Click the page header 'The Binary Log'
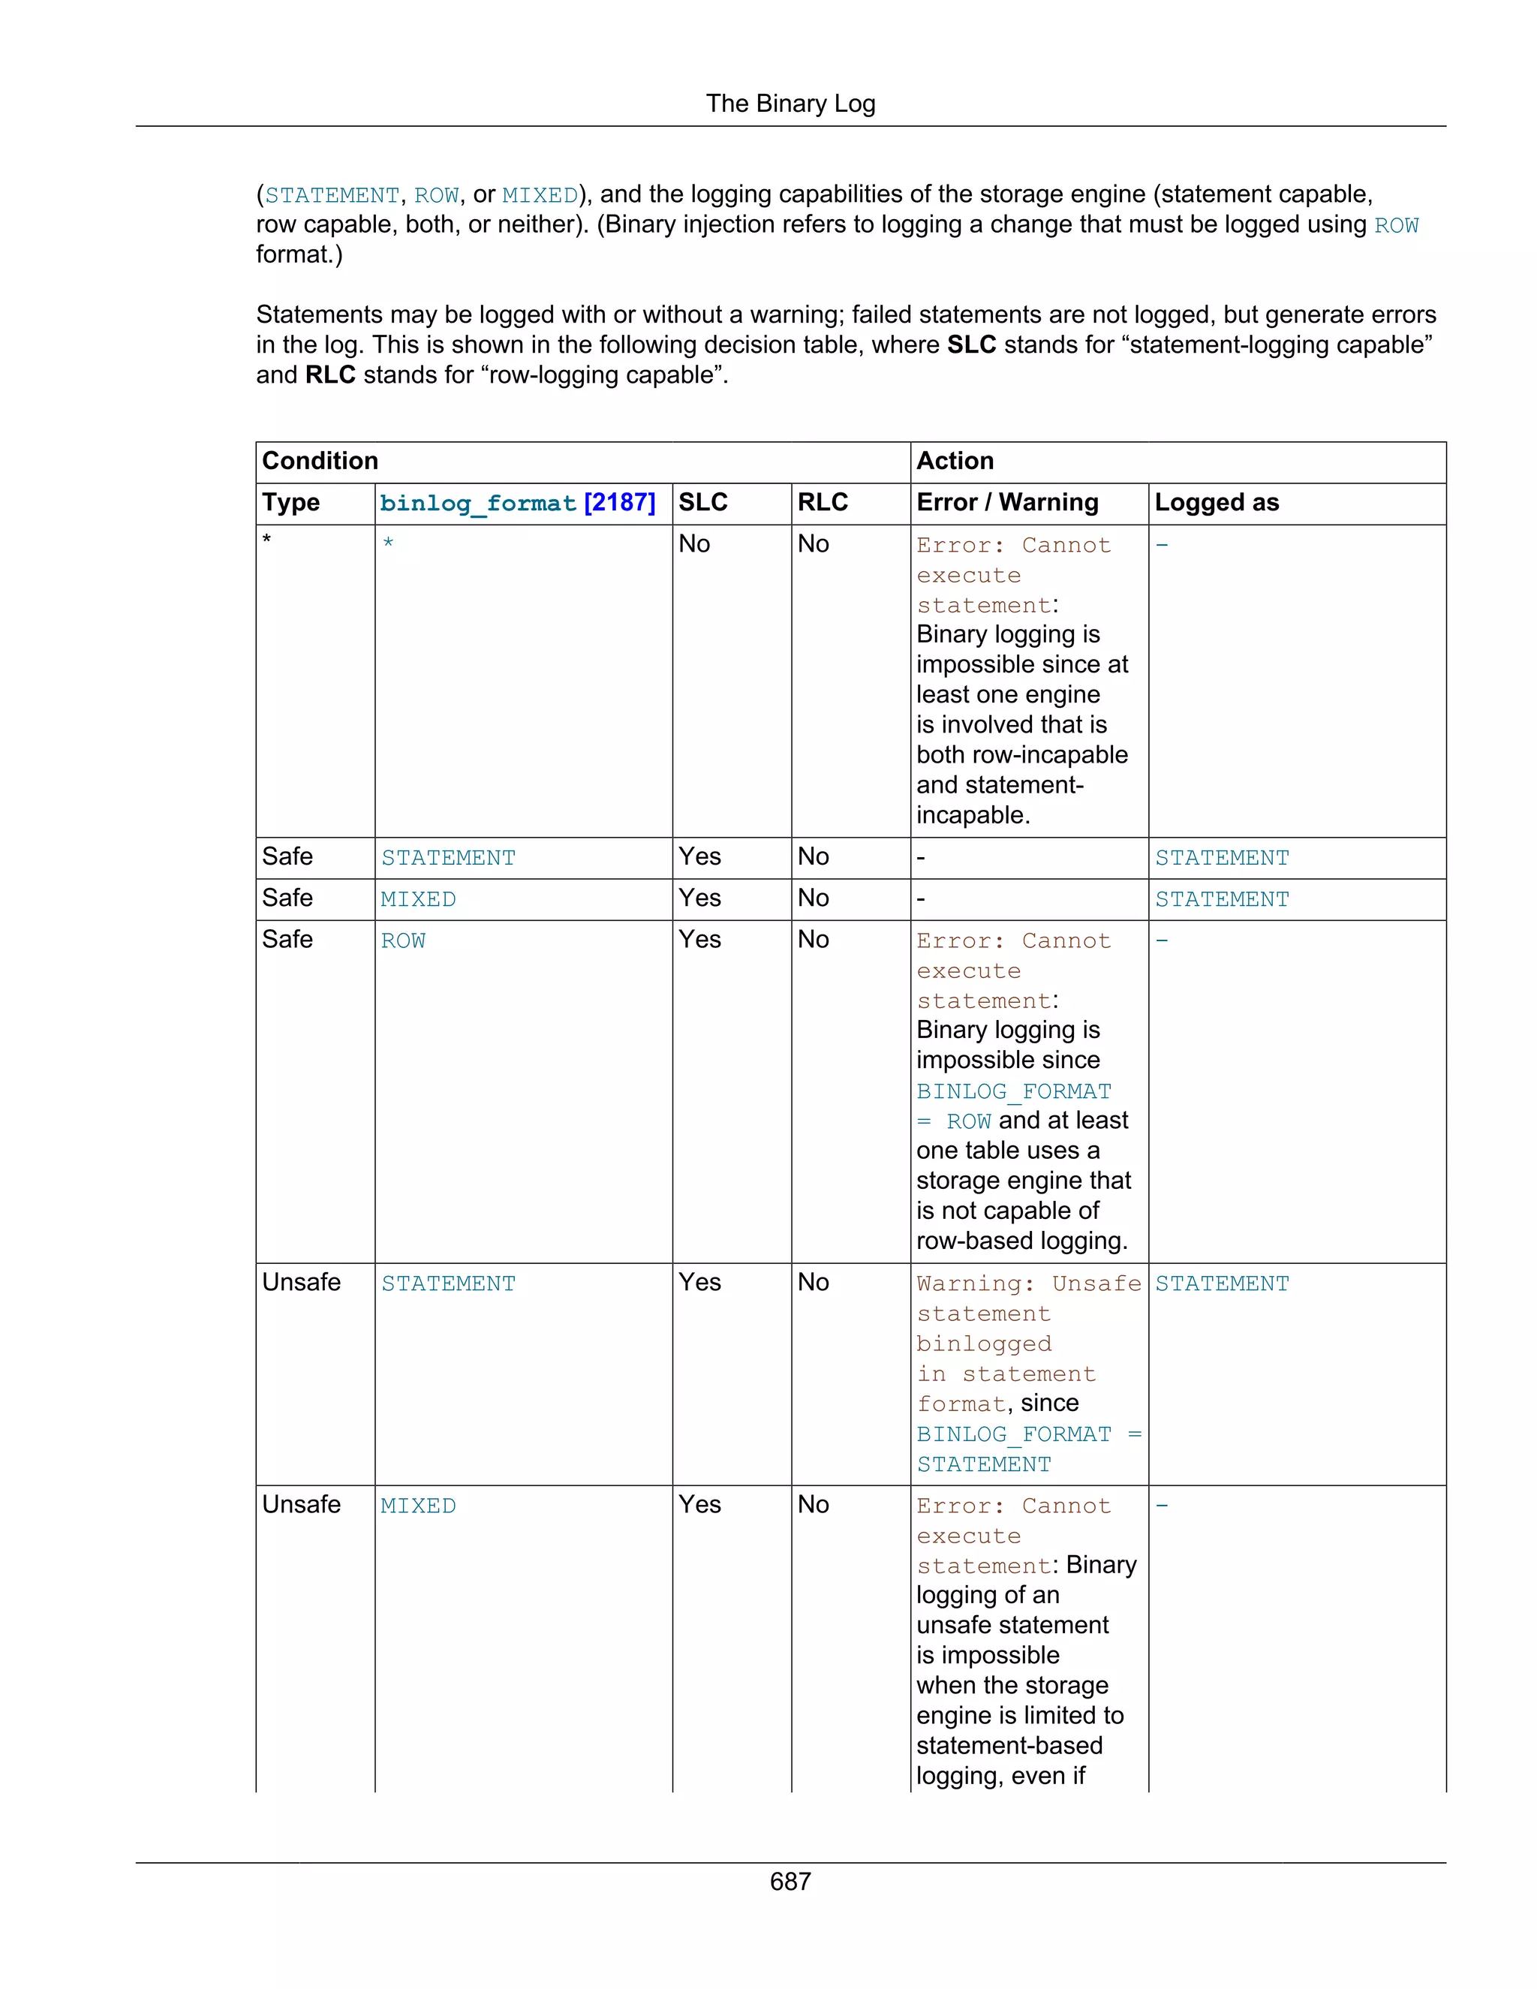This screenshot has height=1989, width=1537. (x=790, y=104)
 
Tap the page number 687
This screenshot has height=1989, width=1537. (x=790, y=1881)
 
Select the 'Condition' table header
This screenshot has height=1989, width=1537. (x=320, y=461)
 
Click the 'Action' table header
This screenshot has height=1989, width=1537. (x=955, y=461)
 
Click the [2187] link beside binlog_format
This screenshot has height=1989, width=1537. (x=619, y=503)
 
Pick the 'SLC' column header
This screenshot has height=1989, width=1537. (x=703, y=503)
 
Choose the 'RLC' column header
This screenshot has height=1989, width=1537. (x=823, y=503)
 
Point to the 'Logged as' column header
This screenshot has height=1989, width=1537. (x=1217, y=503)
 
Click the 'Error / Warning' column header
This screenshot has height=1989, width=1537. (x=1007, y=503)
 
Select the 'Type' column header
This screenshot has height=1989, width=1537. (x=290, y=503)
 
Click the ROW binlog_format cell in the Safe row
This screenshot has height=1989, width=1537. (x=402, y=940)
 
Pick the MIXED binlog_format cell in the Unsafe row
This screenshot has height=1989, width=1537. (x=418, y=1506)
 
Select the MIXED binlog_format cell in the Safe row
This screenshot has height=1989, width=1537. (x=418, y=900)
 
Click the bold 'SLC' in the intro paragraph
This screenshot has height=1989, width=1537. (x=970, y=345)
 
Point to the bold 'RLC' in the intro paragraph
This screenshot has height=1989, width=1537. (x=329, y=375)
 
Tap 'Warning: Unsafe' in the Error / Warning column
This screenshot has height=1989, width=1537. (x=1028, y=1283)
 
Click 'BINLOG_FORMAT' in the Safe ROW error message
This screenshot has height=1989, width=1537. (x=1013, y=1091)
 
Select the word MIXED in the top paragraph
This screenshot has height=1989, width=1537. (x=540, y=196)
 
